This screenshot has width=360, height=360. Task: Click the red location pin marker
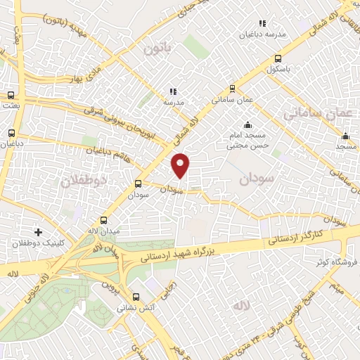(x=181, y=165)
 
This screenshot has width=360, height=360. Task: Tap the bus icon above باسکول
(x=278, y=59)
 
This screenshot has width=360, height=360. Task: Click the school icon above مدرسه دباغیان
(x=262, y=23)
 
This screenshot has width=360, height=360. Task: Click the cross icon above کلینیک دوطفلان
(x=38, y=231)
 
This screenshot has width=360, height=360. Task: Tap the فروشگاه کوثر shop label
(x=332, y=262)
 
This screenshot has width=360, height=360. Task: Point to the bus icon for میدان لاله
(x=104, y=219)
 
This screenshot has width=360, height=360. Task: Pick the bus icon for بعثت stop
(x=11, y=95)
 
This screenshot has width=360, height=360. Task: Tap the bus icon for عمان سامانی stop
(x=233, y=89)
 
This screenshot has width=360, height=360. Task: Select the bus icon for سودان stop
(x=138, y=184)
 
